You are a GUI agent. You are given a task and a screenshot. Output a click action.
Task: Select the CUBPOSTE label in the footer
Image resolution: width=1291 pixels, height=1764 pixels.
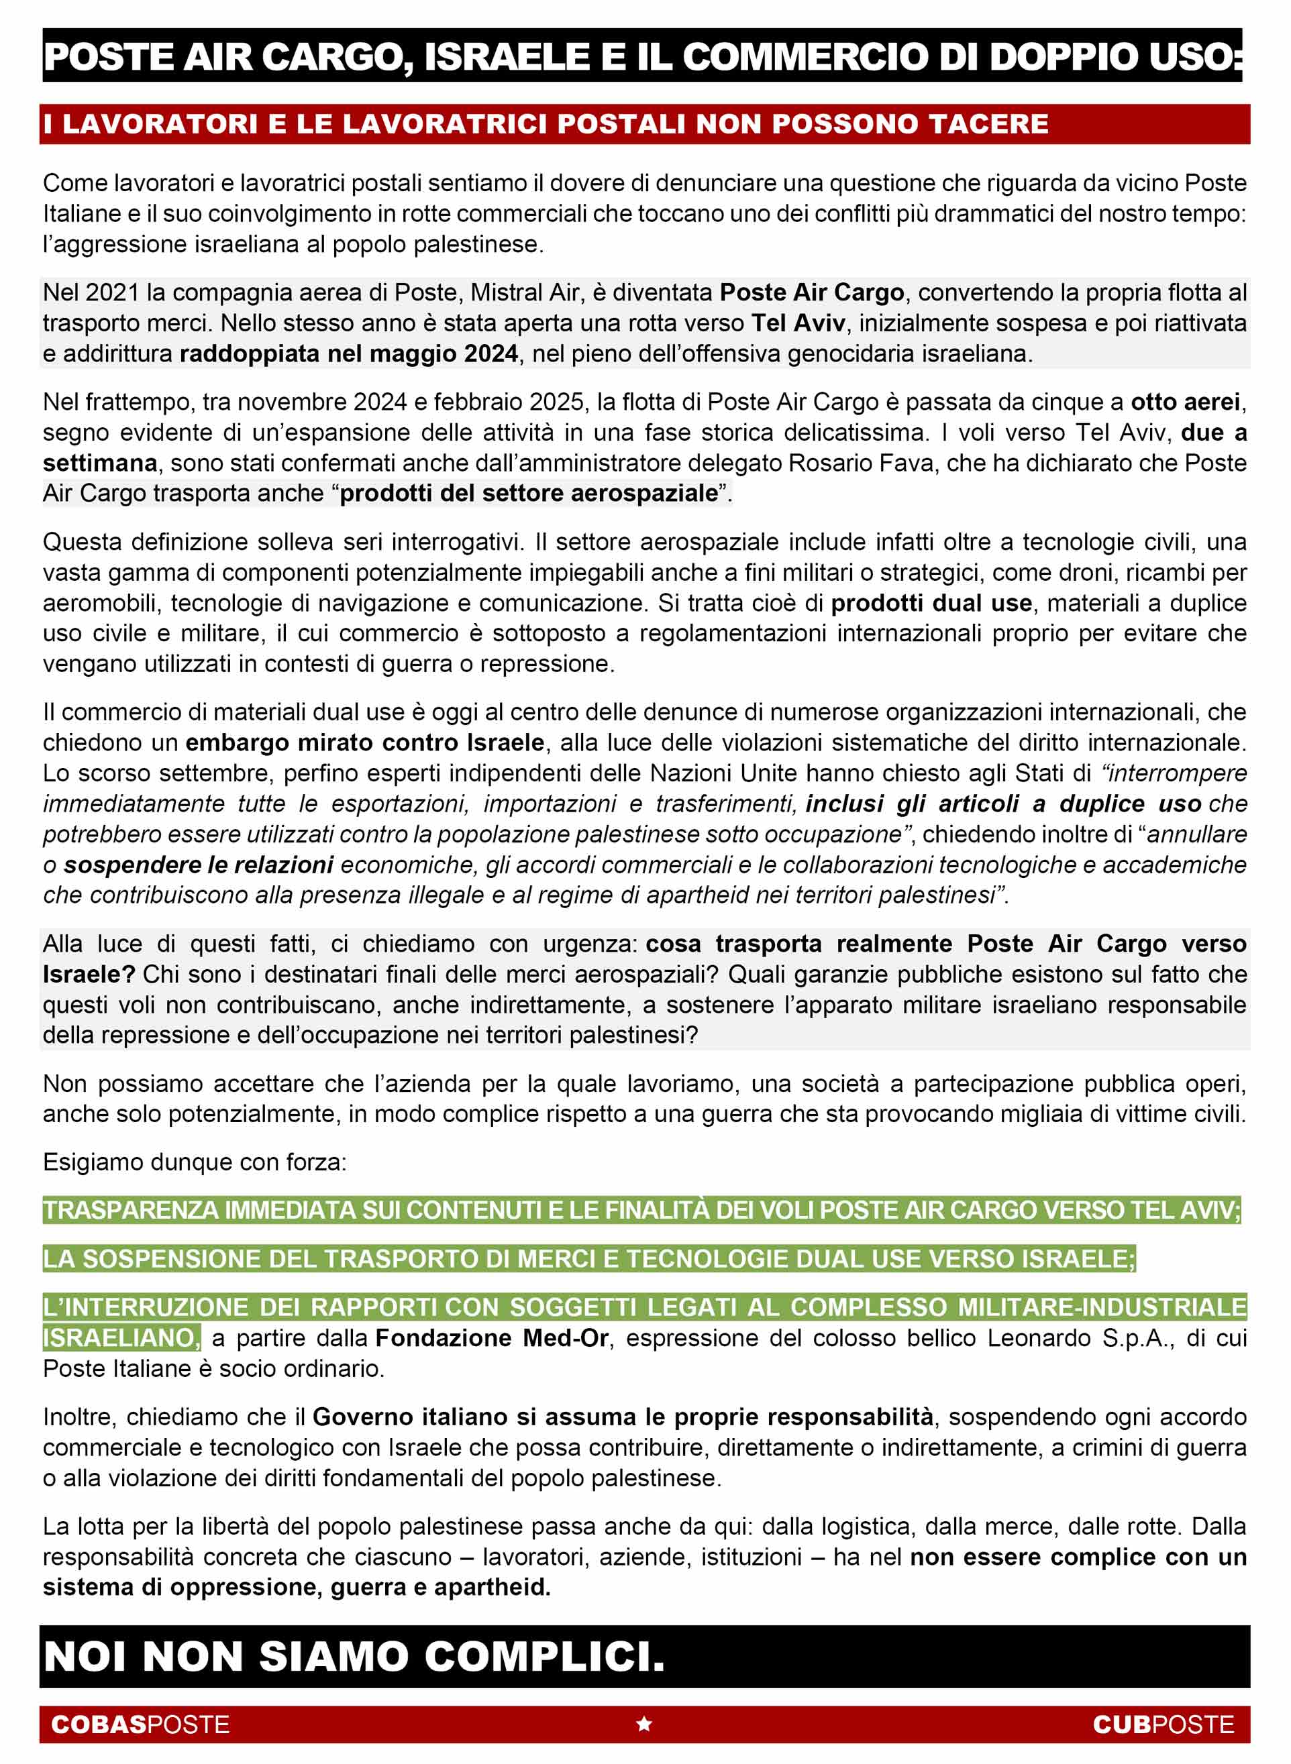pyautogui.click(x=1163, y=1724)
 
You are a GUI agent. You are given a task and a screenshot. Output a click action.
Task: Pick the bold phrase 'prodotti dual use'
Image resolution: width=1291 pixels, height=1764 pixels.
pyautogui.click(x=931, y=603)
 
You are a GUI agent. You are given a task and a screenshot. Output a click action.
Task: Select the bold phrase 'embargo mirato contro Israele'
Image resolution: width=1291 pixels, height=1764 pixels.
pyautogui.click(x=364, y=742)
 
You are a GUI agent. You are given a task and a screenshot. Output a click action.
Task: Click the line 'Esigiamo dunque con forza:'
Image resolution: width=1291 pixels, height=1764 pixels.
pyautogui.click(x=195, y=1162)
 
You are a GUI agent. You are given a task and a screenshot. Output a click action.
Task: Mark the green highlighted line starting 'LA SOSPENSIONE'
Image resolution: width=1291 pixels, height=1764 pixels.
pyautogui.click(x=588, y=1258)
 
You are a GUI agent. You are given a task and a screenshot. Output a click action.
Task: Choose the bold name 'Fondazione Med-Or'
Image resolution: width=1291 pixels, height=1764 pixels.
pyautogui.click(x=492, y=1338)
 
